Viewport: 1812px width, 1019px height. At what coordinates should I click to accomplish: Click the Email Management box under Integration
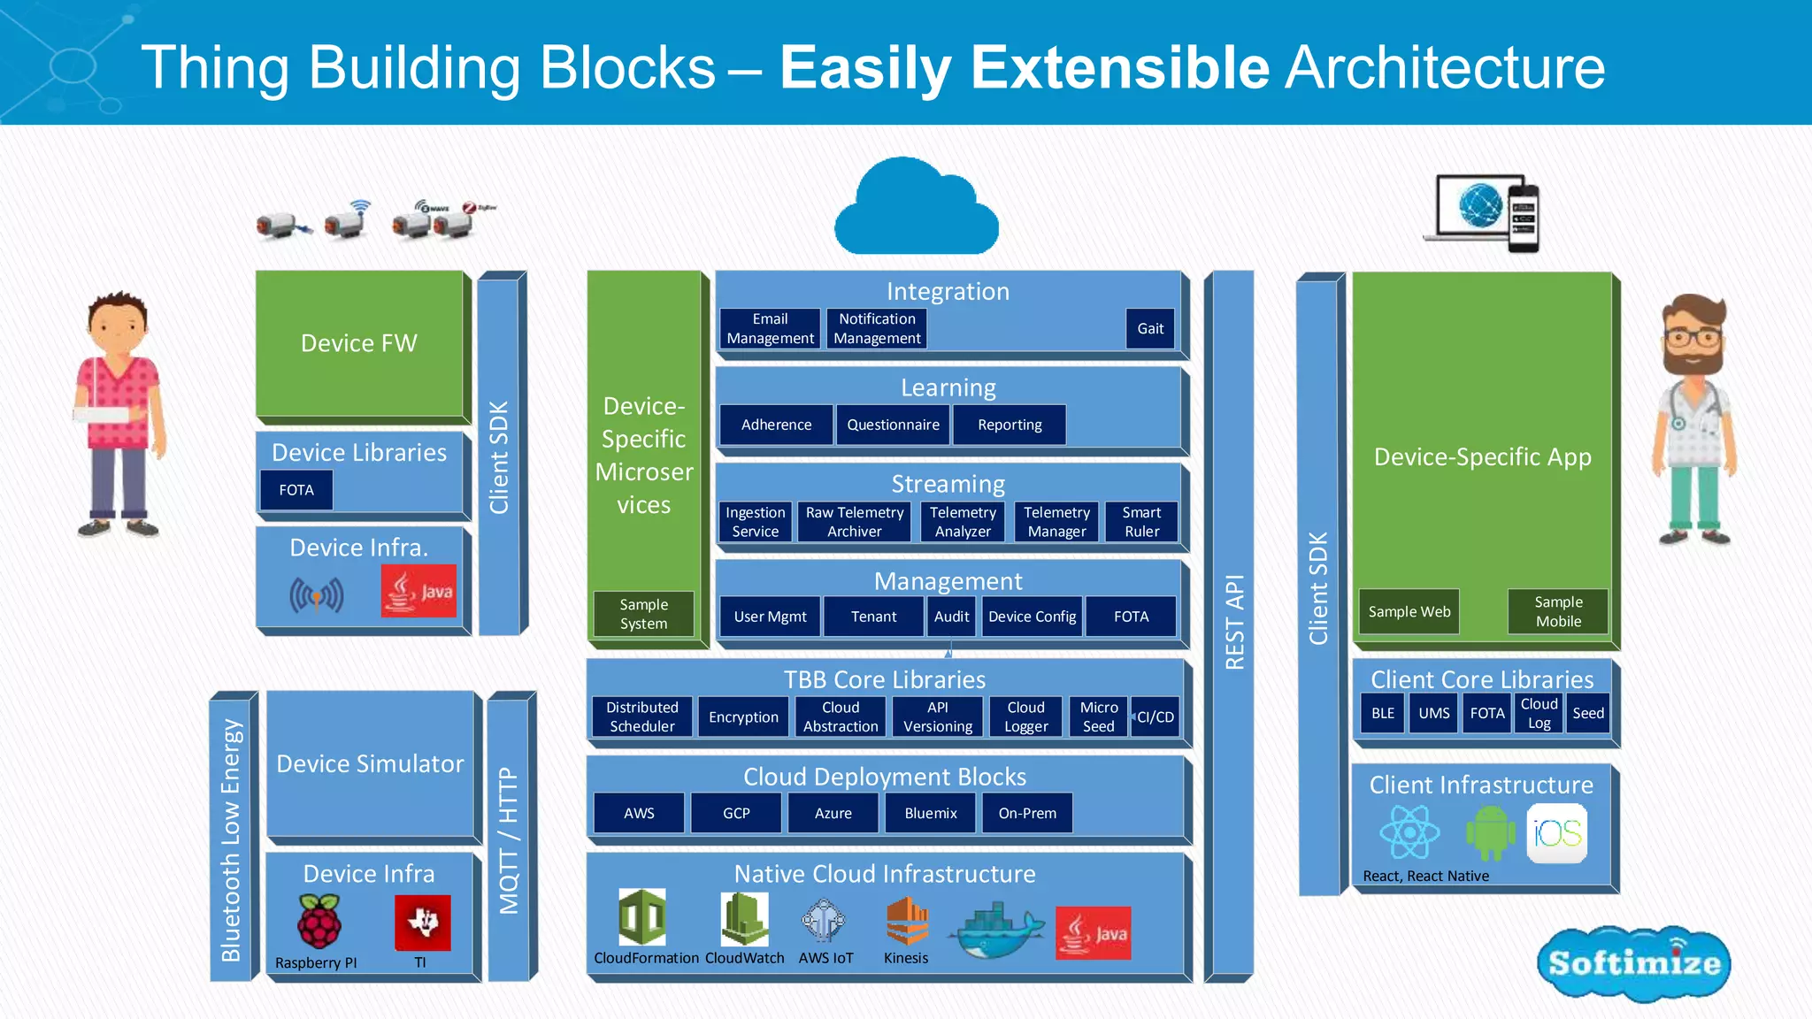[x=770, y=328]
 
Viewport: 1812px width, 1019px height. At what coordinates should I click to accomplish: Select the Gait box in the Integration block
[x=1150, y=328]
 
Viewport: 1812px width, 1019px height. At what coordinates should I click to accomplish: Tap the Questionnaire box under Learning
[x=893, y=425]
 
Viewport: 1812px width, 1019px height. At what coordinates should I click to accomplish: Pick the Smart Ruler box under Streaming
[x=1141, y=522]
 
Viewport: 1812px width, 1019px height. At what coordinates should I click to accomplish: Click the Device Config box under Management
[x=1032, y=617]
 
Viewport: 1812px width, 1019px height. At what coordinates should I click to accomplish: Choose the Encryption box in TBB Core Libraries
[x=743, y=716]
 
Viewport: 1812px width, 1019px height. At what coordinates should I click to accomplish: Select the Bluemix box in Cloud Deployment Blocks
[x=931, y=813]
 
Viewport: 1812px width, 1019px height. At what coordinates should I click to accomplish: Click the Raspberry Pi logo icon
[x=319, y=922]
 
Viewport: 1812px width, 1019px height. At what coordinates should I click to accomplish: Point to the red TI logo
[x=422, y=923]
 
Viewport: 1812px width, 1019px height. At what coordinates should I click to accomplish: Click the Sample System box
[x=643, y=614]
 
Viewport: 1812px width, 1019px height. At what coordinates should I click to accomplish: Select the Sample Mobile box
[x=1558, y=611]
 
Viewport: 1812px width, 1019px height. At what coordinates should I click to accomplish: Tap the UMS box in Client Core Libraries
[x=1433, y=713]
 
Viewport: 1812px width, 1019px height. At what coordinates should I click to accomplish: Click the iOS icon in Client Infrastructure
[x=1556, y=833]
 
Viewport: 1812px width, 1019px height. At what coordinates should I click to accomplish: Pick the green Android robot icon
[x=1490, y=833]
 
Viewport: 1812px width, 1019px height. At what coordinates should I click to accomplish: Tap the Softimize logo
[x=1633, y=963]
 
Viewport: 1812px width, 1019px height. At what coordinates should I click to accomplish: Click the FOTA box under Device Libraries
[x=296, y=490]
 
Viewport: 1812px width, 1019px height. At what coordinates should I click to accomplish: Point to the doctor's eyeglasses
[x=1693, y=337]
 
